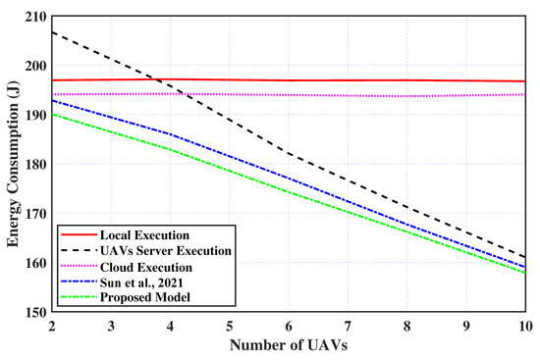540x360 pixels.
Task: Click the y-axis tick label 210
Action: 36,17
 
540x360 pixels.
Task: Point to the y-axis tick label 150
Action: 36,313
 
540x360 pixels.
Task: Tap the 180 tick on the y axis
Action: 36,165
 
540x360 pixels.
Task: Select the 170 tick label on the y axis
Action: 36,214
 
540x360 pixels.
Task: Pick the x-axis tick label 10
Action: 524,325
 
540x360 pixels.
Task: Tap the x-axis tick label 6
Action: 289,325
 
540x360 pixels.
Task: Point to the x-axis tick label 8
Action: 406,325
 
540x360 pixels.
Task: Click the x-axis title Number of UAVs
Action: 288,344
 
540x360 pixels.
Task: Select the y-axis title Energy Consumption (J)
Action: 13,165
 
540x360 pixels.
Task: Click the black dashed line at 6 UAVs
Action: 289,154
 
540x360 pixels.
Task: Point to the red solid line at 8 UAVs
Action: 406,80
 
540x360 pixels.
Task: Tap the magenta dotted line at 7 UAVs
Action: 348,95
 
